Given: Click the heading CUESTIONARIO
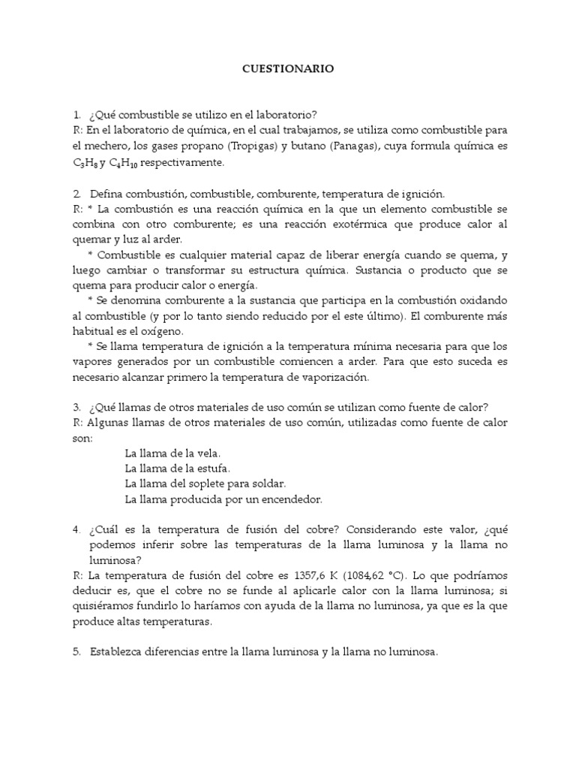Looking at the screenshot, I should (288, 68).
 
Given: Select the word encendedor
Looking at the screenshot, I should (289, 499).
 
